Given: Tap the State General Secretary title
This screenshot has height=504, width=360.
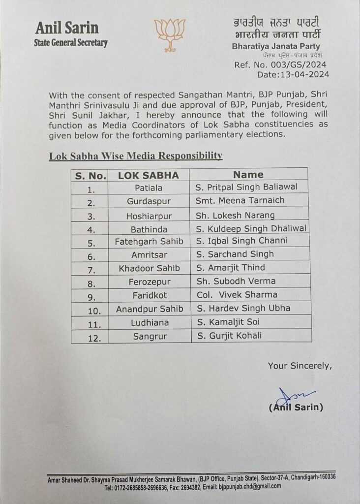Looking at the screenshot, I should point(71,43).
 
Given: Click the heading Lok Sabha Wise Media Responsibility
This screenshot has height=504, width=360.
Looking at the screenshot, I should point(136,156).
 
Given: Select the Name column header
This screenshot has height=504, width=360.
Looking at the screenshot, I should point(248,174).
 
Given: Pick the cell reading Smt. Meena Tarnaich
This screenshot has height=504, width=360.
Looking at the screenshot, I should point(240,200).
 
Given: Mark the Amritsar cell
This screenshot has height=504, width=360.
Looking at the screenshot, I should point(147,254).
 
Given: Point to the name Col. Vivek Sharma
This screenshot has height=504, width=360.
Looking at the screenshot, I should point(237,295).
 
